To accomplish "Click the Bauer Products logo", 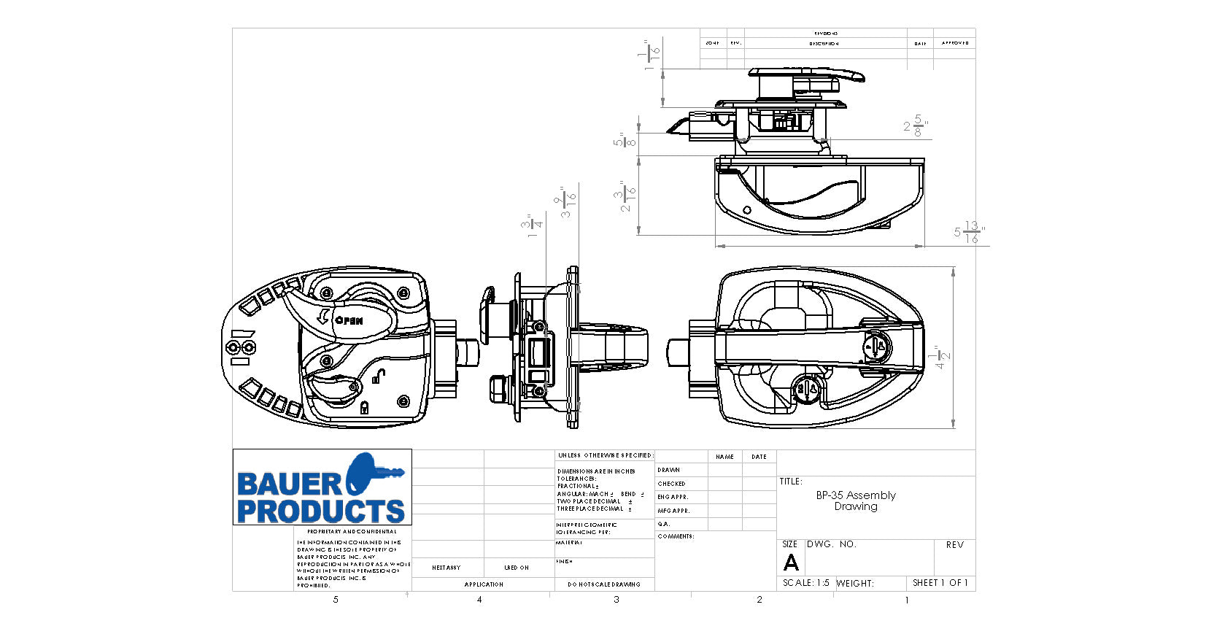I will (x=322, y=487).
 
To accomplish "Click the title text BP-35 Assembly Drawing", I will (x=856, y=501).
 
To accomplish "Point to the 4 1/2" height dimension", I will (x=943, y=357).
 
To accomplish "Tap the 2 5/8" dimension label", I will (x=915, y=125).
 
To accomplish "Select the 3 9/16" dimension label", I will (x=568, y=202).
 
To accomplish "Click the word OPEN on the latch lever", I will (x=348, y=320).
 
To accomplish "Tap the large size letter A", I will (x=791, y=563).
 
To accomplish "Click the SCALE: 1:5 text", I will (x=805, y=583).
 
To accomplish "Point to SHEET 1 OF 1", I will (x=940, y=583).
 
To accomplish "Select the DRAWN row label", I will (x=668, y=470).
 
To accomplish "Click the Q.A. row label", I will (x=663, y=524).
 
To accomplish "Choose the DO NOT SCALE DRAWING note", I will (x=603, y=584).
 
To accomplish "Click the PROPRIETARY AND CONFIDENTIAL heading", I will (x=352, y=532).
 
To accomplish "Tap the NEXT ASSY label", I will (x=446, y=568).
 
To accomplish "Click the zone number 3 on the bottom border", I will (x=616, y=600).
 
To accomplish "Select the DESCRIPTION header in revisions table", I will (x=824, y=44).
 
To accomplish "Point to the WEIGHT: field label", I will (x=854, y=583).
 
